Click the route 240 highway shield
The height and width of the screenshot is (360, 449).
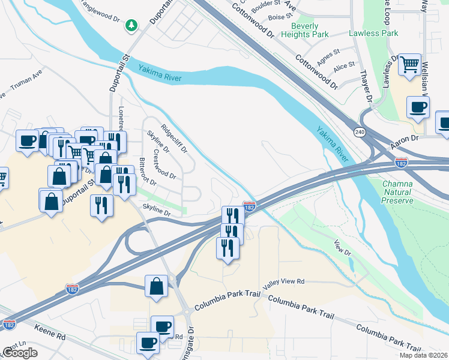(x=360, y=132)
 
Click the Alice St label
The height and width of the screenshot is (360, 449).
(x=344, y=66)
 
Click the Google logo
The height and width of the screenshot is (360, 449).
(x=20, y=353)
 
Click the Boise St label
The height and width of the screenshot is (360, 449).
(x=276, y=18)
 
